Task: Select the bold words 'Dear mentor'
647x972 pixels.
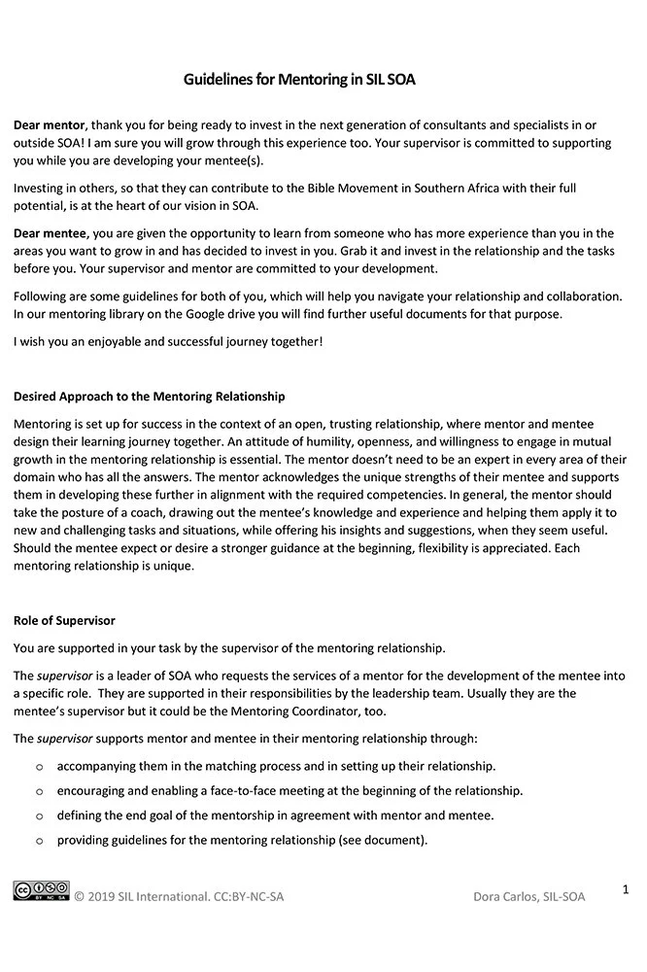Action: coord(50,125)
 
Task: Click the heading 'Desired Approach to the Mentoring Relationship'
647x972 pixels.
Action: coord(149,397)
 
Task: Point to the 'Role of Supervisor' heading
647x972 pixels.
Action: coord(65,619)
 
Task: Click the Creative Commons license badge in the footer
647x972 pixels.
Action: coord(41,890)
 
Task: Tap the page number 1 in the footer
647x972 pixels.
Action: coord(626,888)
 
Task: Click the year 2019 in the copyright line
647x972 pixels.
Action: coord(102,896)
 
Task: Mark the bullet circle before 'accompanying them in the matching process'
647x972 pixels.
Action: coord(39,767)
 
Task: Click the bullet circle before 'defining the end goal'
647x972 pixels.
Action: coord(39,816)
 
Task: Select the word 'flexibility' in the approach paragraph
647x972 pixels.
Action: coord(447,549)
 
